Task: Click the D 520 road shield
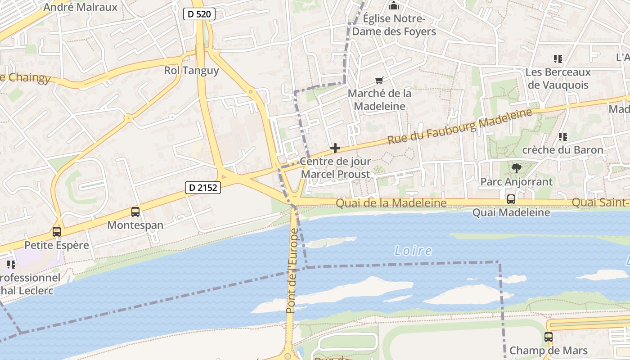click(x=199, y=14)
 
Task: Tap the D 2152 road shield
click(x=203, y=188)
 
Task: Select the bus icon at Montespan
click(x=135, y=211)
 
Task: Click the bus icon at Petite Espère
click(x=57, y=232)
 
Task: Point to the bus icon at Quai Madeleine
click(x=511, y=199)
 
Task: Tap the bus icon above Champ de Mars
click(x=548, y=337)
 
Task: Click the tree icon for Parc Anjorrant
click(x=516, y=168)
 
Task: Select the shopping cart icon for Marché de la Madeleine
click(x=379, y=81)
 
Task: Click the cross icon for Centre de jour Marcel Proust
click(x=335, y=148)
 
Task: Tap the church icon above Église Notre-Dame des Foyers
click(x=394, y=6)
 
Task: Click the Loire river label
click(x=413, y=251)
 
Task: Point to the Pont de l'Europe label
click(x=293, y=271)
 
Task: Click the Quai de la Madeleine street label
click(x=391, y=203)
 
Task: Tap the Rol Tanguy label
click(x=191, y=71)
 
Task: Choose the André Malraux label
click(x=81, y=7)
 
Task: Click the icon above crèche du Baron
click(x=562, y=136)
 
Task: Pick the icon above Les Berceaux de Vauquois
click(x=558, y=59)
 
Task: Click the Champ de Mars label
click(x=548, y=351)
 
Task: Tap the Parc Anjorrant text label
click(x=516, y=182)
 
